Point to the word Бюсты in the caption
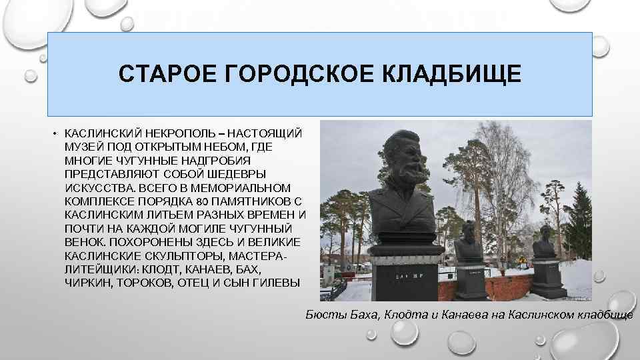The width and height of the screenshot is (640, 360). coord(324,314)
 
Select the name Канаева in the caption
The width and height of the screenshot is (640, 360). coord(459,314)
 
